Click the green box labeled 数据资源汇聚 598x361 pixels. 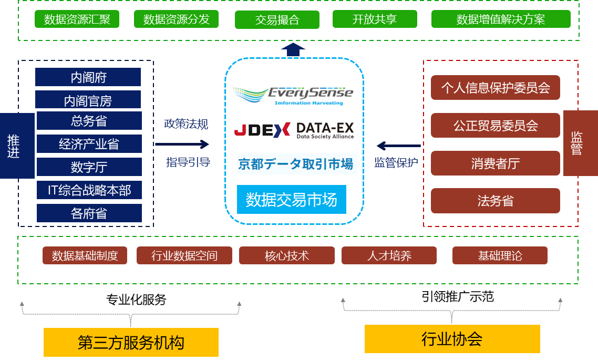77,19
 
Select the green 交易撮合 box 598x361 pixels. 277,20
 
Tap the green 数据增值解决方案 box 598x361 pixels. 500,19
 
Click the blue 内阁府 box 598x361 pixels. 88,77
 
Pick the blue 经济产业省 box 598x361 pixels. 89,144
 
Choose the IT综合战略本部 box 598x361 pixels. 89,190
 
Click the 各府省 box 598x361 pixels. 89,213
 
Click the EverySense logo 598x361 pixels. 294,94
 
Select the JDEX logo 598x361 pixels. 261,130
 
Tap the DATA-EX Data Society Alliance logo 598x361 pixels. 325,130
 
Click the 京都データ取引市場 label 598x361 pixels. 296,164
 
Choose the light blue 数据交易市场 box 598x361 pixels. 292,200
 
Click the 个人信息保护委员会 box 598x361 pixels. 495,88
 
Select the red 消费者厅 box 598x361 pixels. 495,163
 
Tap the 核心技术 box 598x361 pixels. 286,256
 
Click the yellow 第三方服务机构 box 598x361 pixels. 131,342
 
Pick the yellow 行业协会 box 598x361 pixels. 452,339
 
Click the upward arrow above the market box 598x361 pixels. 293,50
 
